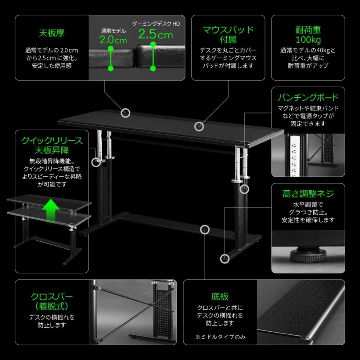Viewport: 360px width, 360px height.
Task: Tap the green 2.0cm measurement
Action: (113, 40)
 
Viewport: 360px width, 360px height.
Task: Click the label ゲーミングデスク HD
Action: (156, 24)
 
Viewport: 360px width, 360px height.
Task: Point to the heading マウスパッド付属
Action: (228, 35)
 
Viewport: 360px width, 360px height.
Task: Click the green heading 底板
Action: (220, 296)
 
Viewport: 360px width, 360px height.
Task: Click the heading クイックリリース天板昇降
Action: (52, 146)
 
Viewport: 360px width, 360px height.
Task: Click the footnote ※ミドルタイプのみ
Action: (220, 337)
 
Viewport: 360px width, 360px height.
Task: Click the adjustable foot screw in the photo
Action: (308, 255)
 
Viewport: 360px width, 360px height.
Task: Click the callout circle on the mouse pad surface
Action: (199, 126)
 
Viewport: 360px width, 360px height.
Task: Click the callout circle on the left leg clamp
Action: (96, 162)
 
